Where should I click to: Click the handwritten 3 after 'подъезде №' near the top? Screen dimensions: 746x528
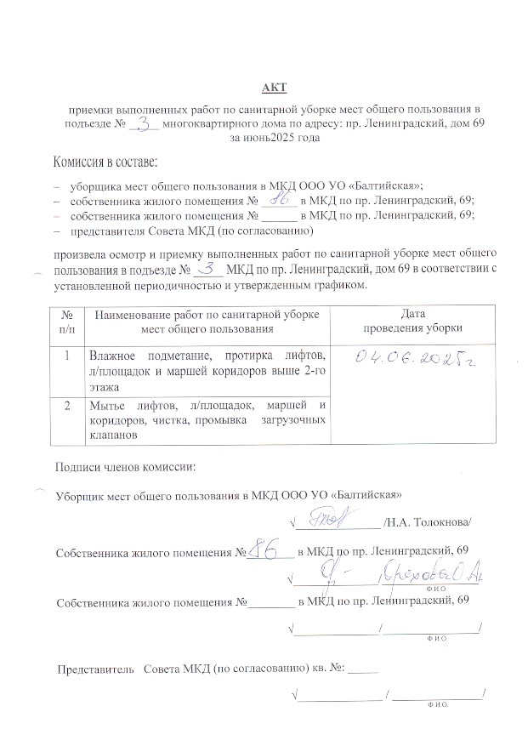[146, 124]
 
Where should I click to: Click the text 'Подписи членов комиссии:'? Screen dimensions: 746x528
[125, 467]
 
